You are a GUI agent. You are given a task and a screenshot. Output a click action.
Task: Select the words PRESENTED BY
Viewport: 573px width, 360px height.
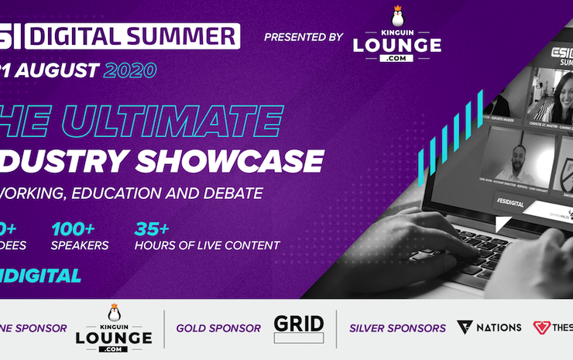303,37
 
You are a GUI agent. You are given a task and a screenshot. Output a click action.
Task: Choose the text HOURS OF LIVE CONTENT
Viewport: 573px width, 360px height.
207,246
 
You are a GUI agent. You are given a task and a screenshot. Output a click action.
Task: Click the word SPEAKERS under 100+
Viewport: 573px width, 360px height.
80,246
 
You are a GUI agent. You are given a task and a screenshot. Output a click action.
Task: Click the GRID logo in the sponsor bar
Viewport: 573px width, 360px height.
299,328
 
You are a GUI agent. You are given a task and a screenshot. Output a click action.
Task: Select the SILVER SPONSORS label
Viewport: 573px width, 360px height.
397,328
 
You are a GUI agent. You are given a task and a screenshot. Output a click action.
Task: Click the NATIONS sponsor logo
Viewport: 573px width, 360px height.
489,327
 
